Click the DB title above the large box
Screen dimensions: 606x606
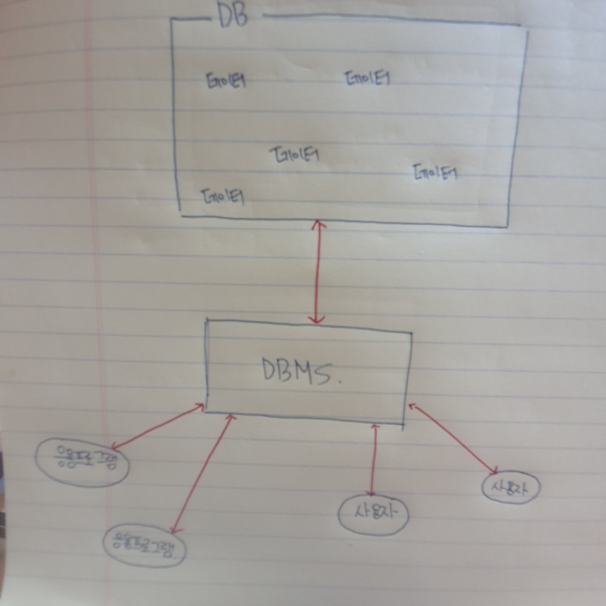tap(233, 16)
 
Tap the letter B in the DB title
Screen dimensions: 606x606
tap(241, 16)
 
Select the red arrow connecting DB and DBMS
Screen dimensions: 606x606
tap(318, 271)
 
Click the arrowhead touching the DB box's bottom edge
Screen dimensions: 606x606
tap(319, 224)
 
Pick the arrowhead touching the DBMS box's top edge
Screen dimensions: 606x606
tap(318, 319)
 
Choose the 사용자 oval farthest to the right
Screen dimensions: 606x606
tap(511, 487)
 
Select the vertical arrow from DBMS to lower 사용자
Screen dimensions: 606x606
tap(374, 461)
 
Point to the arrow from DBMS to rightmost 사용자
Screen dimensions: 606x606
tap(453, 439)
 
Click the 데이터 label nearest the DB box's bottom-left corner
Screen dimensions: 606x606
tap(223, 196)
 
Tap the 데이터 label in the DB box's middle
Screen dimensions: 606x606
tap(295, 154)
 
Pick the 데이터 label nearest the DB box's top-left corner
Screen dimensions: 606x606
tap(226, 80)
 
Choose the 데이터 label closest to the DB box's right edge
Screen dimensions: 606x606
tap(435, 172)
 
